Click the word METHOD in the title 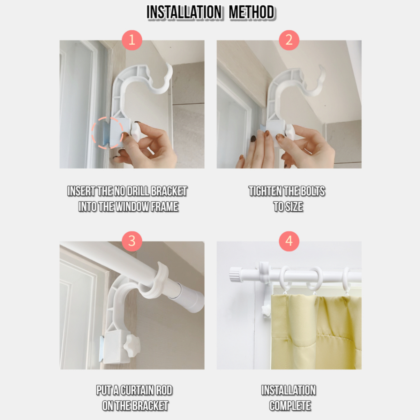click(x=251, y=12)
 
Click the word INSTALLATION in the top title click(x=184, y=12)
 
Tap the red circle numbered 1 click(x=132, y=40)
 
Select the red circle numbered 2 click(x=289, y=40)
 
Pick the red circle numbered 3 click(x=132, y=241)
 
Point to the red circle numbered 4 click(x=289, y=241)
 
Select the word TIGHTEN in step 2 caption click(x=265, y=191)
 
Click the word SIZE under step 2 click(x=294, y=207)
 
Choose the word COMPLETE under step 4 click(x=290, y=406)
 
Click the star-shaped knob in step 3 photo click(x=132, y=345)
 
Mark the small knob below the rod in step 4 click(x=266, y=311)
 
